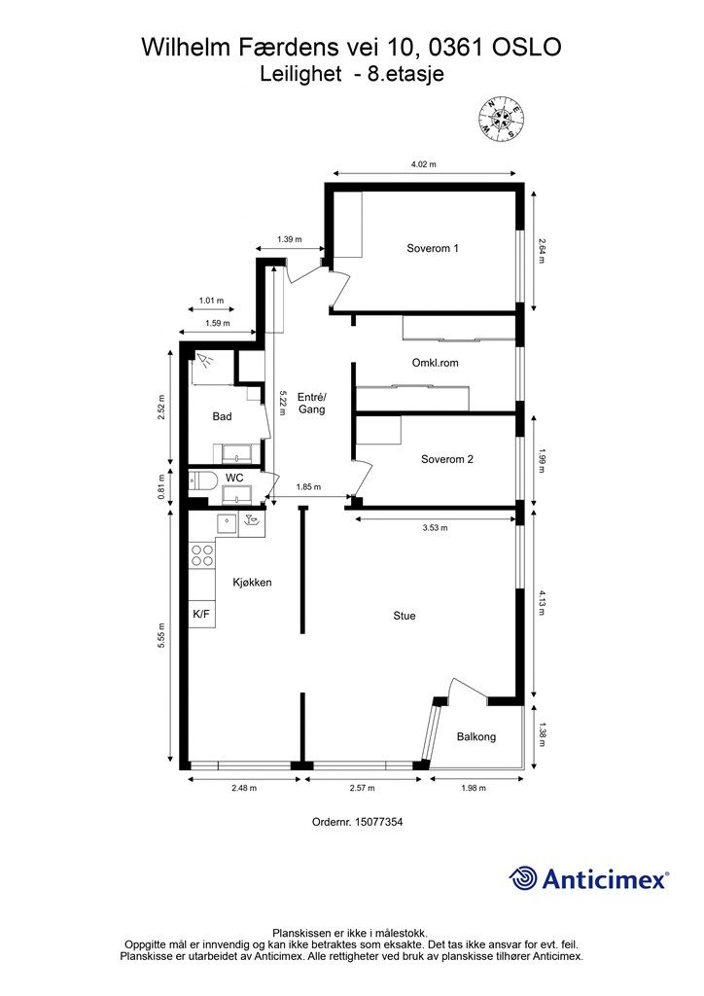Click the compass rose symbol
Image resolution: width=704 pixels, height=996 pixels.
(502, 118)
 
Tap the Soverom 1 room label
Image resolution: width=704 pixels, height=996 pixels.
(432, 248)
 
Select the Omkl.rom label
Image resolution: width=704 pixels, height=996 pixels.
(436, 362)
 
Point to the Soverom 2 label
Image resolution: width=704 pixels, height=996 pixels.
(446, 459)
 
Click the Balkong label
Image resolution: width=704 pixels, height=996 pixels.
(475, 736)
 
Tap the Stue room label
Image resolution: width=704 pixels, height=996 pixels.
(405, 615)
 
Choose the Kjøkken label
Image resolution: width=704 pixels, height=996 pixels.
(251, 583)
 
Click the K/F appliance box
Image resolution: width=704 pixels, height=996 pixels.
(201, 614)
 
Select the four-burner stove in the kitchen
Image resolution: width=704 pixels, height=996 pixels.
(202, 555)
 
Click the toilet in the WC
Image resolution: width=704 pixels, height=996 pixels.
(203, 480)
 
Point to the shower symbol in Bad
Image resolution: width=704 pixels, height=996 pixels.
(205, 362)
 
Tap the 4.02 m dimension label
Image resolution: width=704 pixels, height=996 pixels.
(421, 164)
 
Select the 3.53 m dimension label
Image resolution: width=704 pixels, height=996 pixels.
(435, 527)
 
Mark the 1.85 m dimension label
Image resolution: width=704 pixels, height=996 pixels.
(309, 487)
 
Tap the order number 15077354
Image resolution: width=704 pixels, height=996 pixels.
(357, 822)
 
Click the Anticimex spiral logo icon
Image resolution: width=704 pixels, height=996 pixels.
(524, 878)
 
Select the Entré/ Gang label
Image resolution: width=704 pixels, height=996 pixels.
(311, 404)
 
